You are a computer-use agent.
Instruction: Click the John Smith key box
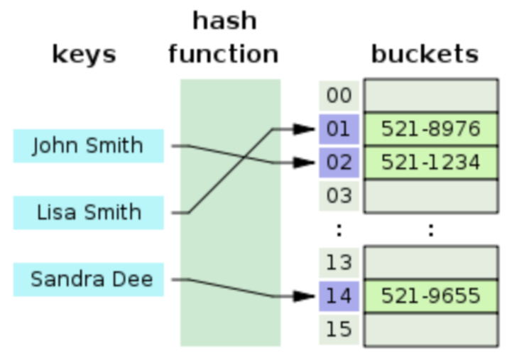point(88,146)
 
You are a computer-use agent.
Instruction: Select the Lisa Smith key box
point(88,212)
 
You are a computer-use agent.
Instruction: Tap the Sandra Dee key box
point(88,279)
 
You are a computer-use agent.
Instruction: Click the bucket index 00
point(339,96)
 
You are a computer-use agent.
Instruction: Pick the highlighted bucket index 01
point(339,129)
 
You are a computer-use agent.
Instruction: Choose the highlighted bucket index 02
point(339,163)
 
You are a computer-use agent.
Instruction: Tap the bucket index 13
point(339,263)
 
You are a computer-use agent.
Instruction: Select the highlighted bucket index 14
point(339,296)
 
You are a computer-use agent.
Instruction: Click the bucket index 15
point(339,329)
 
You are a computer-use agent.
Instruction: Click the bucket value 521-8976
point(431,129)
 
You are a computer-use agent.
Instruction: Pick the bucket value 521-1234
point(431,163)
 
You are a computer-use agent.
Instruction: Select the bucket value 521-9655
point(431,296)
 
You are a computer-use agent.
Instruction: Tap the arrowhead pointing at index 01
point(305,129)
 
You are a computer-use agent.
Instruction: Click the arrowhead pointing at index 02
point(305,163)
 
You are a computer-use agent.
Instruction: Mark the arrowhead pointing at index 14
point(305,296)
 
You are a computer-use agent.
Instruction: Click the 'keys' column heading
point(84,55)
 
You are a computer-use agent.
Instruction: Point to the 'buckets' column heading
point(425,55)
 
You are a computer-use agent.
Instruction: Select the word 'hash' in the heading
point(224,21)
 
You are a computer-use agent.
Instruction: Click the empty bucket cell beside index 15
point(431,329)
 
